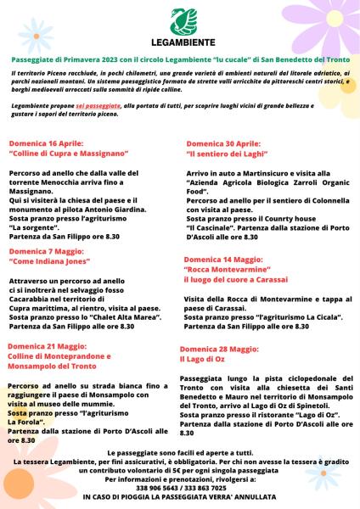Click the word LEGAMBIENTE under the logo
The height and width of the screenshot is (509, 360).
[x=181, y=41]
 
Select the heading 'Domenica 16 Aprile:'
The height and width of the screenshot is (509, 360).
[x=46, y=143]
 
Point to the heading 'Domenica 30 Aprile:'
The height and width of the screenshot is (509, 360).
[x=223, y=144]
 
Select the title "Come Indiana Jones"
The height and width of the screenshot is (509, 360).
[x=52, y=263]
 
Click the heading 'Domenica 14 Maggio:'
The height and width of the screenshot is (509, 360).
[x=224, y=259]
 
